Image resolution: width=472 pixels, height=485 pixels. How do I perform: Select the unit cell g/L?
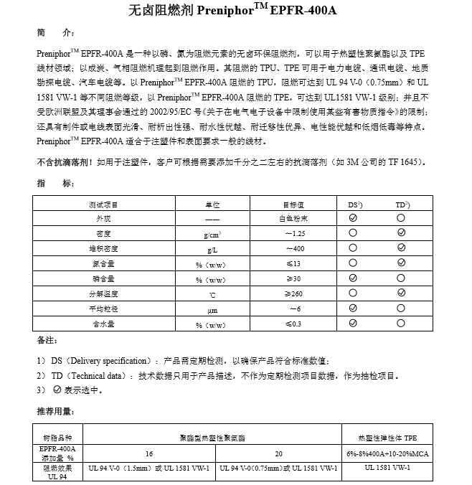click(x=212, y=249)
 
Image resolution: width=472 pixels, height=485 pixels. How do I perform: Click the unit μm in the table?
click(x=212, y=309)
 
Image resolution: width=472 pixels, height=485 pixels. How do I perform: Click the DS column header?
click(x=354, y=204)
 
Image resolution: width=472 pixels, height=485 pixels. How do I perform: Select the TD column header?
click(x=402, y=204)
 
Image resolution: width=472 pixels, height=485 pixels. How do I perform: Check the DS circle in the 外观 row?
click(x=354, y=219)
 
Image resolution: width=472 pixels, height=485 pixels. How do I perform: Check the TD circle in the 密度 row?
click(x=402, y=234)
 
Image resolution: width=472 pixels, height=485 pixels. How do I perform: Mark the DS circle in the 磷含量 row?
click(x=354, y=278)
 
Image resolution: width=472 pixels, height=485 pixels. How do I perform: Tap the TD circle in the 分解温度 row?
click(x=402, y=293)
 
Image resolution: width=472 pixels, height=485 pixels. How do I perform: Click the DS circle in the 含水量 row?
click(x=354, y=324)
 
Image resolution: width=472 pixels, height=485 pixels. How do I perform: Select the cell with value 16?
click(x=148, y=453)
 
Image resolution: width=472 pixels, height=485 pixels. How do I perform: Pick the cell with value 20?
click(x=279, y=453)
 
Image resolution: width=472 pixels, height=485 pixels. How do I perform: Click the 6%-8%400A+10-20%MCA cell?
click(x=387, y=453)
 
